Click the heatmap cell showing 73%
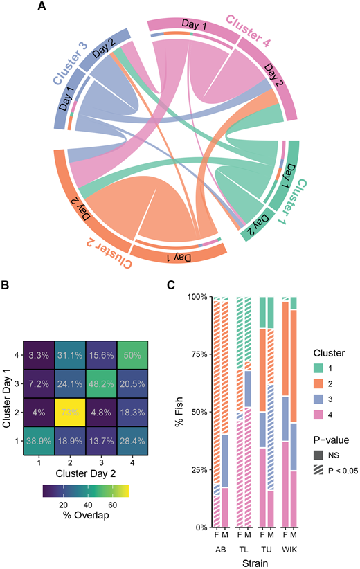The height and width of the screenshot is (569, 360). click(70, 413)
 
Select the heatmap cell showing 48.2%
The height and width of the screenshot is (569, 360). click(101, 383)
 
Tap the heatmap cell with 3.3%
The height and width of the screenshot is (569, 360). click(39, 355)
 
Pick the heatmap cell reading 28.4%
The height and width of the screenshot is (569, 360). click(132, 441)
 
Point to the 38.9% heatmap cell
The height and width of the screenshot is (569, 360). click(39, 441)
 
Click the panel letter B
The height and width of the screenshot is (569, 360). click(5, 285)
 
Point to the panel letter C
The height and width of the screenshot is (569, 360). click(171, 285)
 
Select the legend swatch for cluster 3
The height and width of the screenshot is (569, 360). click(318, 399)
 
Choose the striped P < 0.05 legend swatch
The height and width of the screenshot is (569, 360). click(318, 471)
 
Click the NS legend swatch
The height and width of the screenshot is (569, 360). click(318, 455)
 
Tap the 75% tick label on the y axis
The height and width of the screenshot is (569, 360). click(199, 354)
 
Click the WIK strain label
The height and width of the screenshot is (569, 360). click(289, 550)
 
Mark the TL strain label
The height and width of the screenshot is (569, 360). click(243, 550)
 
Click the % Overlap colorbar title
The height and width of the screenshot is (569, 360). click(86, 515)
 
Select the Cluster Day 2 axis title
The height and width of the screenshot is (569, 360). click(86, 473)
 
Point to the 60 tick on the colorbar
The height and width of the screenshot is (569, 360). click(112, 505)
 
